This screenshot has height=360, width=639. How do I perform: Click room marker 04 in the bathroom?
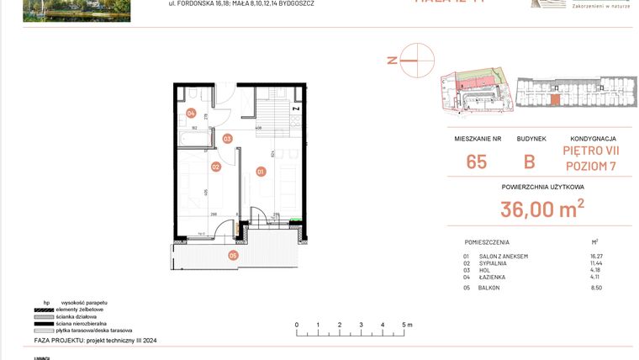pos(191,113)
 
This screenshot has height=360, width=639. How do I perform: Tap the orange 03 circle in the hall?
pos(227,139)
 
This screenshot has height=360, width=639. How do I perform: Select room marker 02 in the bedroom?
pos(215,167)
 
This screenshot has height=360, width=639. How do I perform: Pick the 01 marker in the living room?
pos(261,172)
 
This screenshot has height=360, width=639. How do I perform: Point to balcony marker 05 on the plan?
pos(233,256)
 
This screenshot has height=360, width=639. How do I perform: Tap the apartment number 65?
pos(476,161)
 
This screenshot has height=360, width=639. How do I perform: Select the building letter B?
pos(530,161)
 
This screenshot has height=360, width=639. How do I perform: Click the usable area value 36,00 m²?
pos(542,208)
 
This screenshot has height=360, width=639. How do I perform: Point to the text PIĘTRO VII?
pos(592,151)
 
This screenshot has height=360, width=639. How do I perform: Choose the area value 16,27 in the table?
pos(596,256)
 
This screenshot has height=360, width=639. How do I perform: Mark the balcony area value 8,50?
pos(597,288)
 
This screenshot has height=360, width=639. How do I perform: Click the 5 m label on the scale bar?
pos(405,324)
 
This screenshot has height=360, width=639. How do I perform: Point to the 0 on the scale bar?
pos(296,324)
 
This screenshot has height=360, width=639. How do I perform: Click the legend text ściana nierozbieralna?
pos(81,323)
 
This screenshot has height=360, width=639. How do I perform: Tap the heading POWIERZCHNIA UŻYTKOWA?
pos(542,188)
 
